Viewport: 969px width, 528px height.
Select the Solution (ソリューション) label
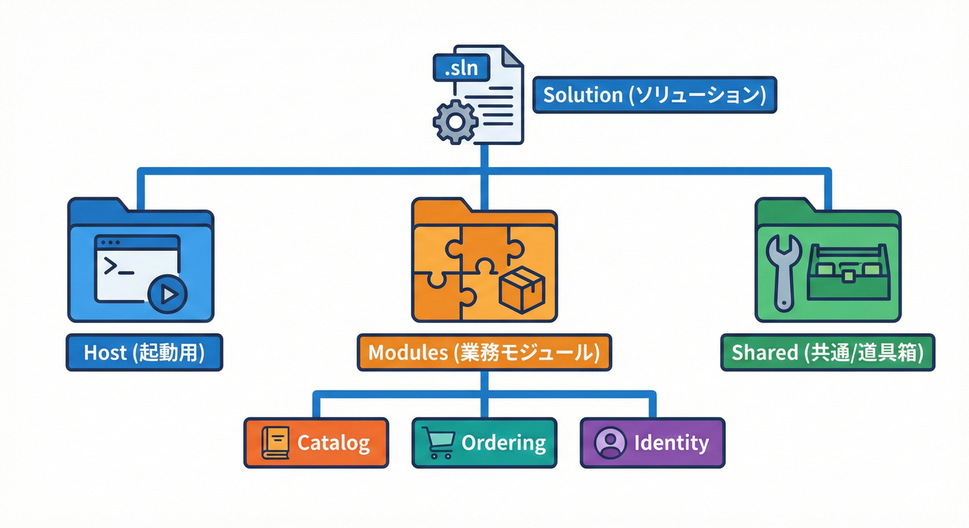(654, 95)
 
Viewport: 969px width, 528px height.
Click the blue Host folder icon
(140, 261)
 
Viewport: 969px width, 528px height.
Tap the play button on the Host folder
(167, 295)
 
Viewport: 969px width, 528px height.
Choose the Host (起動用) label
(144, 353)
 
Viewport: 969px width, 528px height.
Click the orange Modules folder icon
(484, 261)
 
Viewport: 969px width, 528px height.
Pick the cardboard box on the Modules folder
(522, 290)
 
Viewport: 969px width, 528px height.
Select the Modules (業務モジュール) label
(484, 353)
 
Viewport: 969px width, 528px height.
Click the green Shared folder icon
(827, 261)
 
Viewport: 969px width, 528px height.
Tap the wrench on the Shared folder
(782, 272)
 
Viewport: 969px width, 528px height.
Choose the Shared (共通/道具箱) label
(827, 353)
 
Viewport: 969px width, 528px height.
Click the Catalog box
(316, 443)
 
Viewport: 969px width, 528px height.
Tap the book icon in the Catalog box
(275, 443)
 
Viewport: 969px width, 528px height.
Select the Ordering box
(484, 443)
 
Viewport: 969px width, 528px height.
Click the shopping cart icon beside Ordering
(438, 443)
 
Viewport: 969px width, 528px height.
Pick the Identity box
(652, 443)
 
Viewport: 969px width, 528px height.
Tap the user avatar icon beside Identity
(610, 443)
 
